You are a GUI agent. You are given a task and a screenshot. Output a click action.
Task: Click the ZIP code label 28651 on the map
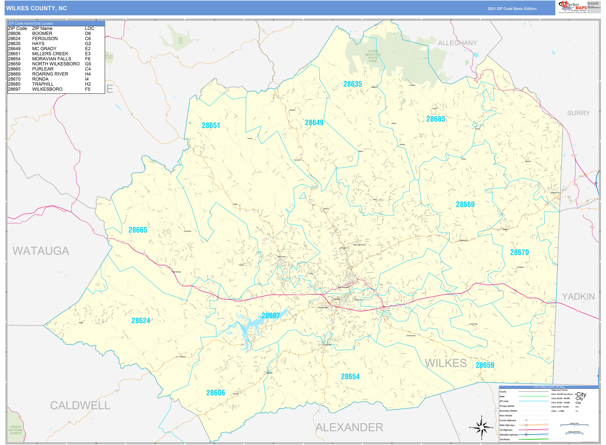coord(211,125)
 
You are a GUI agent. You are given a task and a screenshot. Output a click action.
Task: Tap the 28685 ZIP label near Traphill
coord(436,119)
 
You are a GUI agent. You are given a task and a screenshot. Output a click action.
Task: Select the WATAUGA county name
coord(41,251)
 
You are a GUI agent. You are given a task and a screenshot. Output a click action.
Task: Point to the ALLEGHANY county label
coord(457,43)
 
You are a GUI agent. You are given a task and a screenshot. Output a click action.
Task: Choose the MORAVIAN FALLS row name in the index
coord(52,59)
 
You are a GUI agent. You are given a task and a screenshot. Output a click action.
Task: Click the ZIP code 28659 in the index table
coord(14,64)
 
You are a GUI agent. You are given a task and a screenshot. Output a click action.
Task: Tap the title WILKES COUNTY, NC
coord(36,8)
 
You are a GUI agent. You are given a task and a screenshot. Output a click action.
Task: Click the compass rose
coord(482,428)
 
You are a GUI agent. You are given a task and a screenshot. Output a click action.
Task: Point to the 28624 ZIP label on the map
coord(141,321)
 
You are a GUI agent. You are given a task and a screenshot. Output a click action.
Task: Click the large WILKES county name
coord(446,363)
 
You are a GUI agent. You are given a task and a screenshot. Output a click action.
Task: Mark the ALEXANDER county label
coord(349,428)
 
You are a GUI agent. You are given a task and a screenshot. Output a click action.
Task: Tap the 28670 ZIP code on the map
coord(519,252)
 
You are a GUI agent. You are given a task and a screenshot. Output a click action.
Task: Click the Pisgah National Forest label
coord(16,430)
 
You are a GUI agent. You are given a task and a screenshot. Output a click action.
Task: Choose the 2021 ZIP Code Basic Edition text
coord(512,9)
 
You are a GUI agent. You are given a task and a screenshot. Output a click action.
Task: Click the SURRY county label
coord(578,113)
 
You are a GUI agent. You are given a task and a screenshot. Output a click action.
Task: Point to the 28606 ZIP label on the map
coord(215,393)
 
